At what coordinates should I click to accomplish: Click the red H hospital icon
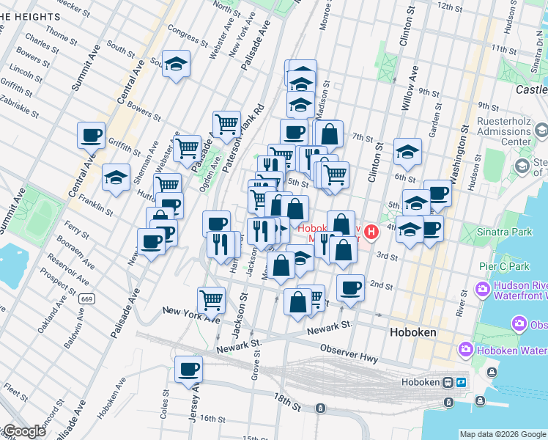(x=371, y=232)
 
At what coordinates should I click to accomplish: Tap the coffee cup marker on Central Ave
(x=92, y=136)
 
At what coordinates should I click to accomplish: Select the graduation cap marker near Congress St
(x=177, y=65)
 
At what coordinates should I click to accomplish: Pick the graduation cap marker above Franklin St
(x=116, y=178)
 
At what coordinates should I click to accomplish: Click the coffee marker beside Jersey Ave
(x=188, y=369)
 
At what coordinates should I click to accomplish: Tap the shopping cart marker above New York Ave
(x=211, y=299)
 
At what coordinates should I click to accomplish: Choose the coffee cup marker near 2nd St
(x=351, y=287)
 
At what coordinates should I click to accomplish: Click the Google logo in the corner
(x=23, y=431)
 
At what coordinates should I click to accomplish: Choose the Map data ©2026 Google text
(x=503, y=433)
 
